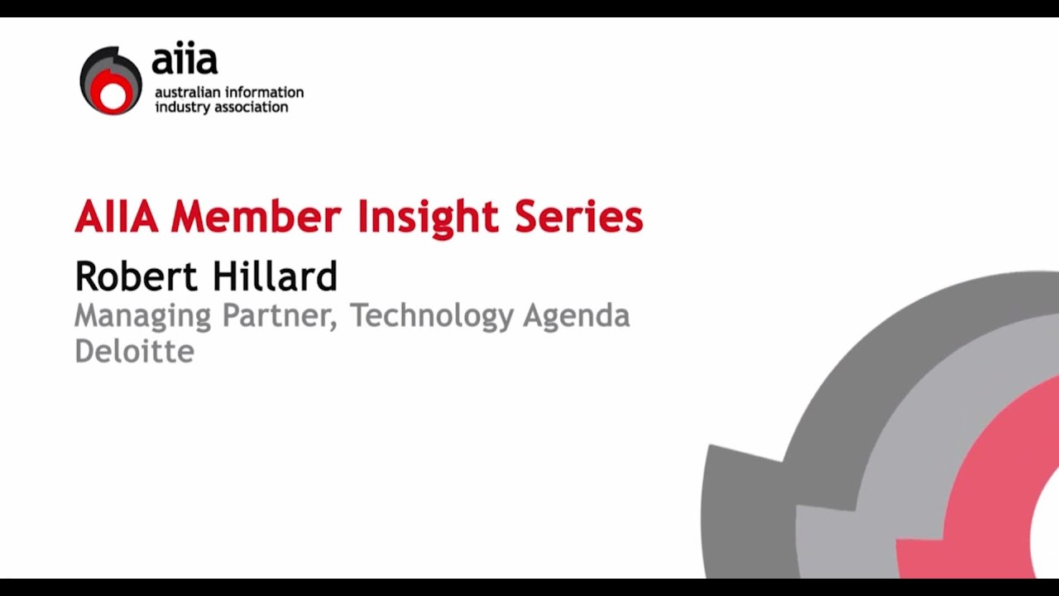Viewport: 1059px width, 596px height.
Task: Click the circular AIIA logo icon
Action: [x=111, y=80]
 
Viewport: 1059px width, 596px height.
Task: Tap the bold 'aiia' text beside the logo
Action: [x=184, y=60]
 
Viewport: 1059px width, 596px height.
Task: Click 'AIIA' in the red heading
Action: [x=117, y=218]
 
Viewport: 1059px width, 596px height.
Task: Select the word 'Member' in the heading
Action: [x=256, y=218]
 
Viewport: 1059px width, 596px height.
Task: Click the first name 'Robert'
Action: [x=132, y=276]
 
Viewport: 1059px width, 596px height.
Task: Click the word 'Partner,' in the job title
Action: [x=280, y=315]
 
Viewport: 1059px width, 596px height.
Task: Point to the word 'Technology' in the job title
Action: [x=431, y=317]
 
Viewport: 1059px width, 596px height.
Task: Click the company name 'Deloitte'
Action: [x=134, y=350]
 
